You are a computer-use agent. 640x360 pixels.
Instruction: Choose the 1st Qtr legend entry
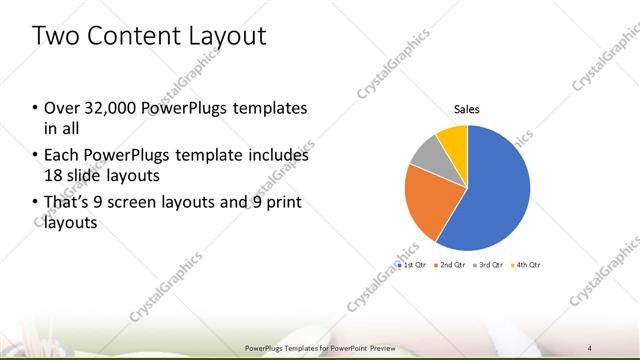[x=414, y=265]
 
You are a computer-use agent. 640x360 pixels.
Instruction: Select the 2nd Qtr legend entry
[x=453, y=265]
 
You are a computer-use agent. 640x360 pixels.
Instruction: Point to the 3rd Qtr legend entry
[x=490, y=265]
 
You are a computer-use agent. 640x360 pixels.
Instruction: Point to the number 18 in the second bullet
[x=53, y=175]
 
